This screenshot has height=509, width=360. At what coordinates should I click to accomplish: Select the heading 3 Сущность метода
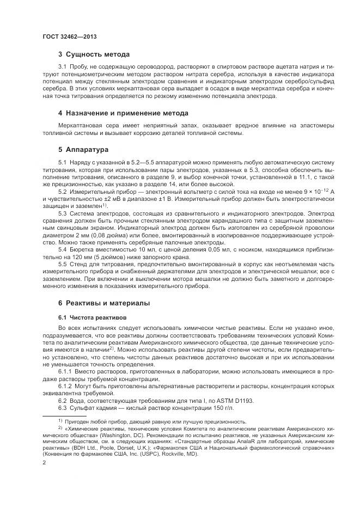pyautogui.click(x=94, y=54)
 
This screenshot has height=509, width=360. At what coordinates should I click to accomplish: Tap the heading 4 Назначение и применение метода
pyautogui.click(x=123, y=113)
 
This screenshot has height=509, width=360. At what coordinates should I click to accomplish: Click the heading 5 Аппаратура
pyautogui.click(x=83, y=149)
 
